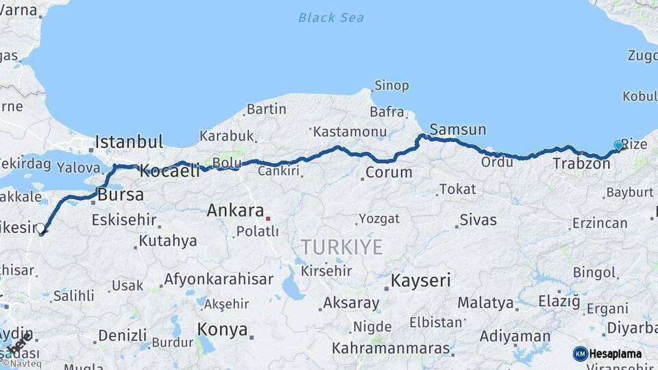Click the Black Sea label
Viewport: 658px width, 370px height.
331,18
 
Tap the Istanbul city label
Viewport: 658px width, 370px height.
129,143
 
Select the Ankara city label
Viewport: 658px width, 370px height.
235,210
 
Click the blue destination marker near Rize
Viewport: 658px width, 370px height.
618,145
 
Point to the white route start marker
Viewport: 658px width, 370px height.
40,228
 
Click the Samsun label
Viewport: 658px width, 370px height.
458,129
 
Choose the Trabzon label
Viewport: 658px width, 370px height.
581,163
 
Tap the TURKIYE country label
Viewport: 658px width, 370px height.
341,247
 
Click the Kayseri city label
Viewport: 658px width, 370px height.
421,280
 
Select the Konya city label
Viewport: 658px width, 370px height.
222,330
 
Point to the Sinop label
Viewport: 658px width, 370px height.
391,86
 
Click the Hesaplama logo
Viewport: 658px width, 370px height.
608,354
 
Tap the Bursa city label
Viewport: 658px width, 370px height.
121,195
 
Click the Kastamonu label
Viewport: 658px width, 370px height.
350,132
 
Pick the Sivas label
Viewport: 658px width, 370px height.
478,220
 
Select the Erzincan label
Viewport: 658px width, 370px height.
600,223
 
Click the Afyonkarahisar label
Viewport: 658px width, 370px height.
218,280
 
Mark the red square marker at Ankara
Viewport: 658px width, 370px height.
268,219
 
